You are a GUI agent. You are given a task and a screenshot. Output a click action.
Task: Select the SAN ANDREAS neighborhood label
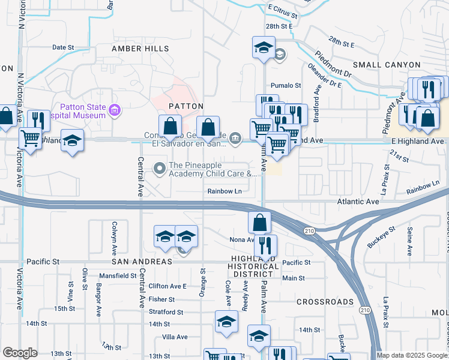(141, 262)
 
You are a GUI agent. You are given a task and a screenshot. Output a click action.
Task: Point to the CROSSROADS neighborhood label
(325, 302)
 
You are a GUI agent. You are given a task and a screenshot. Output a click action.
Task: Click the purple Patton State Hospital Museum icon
(115, 110)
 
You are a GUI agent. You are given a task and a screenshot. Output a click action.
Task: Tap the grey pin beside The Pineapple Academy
(160, 169)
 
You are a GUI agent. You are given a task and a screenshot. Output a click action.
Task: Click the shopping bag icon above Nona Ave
(259, 222)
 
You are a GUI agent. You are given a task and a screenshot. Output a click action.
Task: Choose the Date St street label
(63, 47)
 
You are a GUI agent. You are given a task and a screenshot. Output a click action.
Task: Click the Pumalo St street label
(285, 86)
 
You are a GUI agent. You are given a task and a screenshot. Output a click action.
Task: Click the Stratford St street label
(166, 312)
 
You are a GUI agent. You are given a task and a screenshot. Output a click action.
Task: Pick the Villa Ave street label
(174, 337)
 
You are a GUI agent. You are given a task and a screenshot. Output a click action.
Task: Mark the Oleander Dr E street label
(324, 76)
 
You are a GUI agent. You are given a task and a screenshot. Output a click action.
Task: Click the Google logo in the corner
(20, 353)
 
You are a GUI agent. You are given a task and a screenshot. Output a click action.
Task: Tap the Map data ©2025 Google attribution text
(412, 355)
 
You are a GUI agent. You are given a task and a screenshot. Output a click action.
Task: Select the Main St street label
(294, 278)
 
